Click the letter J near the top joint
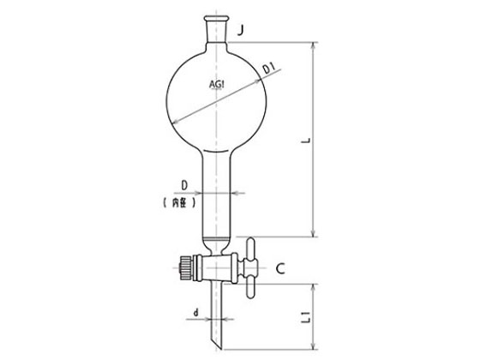coord(242,30)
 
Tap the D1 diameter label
coord(269,69)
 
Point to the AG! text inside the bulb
coord(216,84)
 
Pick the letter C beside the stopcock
coord(280,268)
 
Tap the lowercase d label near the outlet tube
coord(196,313)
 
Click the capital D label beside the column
coord(184,185)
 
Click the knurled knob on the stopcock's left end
coord(184,267)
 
